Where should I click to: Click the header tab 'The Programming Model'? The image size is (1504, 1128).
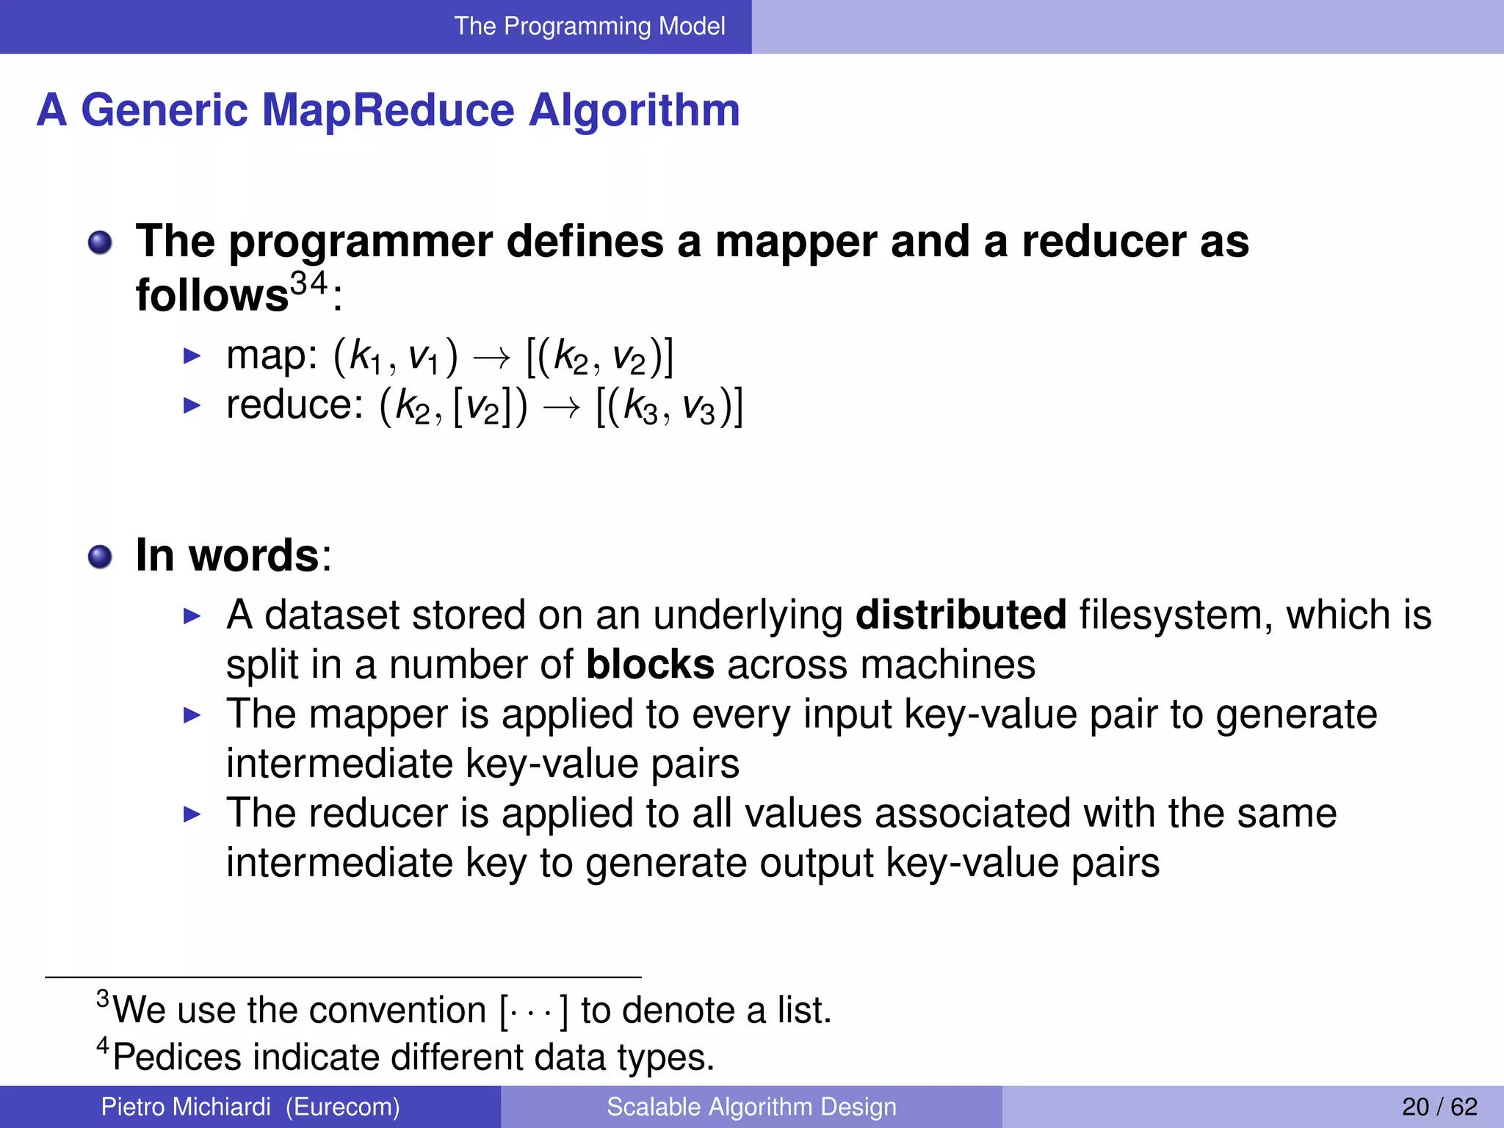[x=589, y=26]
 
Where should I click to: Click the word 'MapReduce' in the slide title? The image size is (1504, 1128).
[x=388, y=110]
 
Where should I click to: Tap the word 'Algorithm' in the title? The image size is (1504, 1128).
[x=634, y=112]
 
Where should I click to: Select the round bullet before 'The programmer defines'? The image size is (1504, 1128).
[x=100, y=242]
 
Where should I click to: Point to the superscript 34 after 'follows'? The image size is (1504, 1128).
[x=308, y=283]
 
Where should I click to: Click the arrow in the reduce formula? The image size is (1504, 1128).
[x=561, y=408]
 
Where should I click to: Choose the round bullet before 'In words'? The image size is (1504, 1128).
[x=100, y=557]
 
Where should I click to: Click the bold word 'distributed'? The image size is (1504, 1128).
[x=961, y=615]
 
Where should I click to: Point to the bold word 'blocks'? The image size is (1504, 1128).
[x=650, y=665]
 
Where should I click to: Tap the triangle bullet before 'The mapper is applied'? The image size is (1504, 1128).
[x=192, y=715]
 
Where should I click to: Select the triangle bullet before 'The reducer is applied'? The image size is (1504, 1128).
[x=192, y=814]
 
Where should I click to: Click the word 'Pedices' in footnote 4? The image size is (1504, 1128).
[x=177, y=1057]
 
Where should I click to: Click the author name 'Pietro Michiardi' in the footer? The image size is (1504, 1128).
[x=186, y=1107]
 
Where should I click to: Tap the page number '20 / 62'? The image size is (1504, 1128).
[x=1439, y=1107]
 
